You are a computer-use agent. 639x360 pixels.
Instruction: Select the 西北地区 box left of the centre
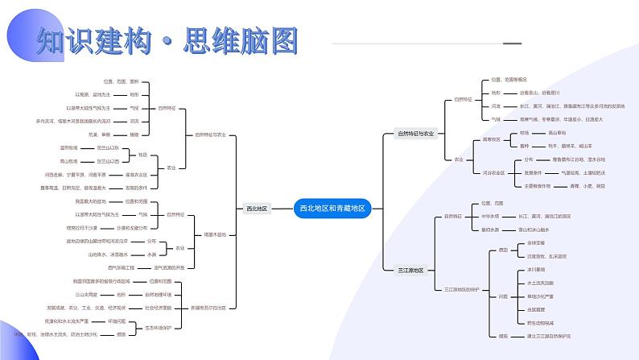pos(257,208)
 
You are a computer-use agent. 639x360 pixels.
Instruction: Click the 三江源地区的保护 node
pos(459,288)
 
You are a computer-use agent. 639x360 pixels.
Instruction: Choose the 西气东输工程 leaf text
pos(123,267)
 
